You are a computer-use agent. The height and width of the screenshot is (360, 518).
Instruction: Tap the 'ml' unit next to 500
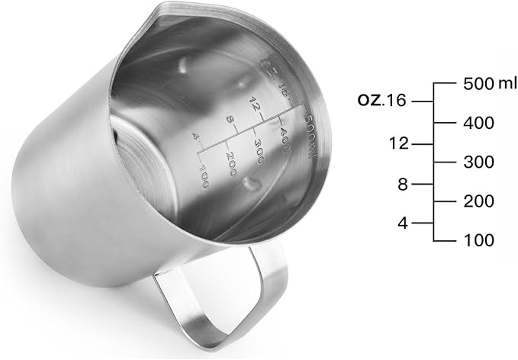tap(507, 83)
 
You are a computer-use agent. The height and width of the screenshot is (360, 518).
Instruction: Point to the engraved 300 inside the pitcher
tap(263, 144)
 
